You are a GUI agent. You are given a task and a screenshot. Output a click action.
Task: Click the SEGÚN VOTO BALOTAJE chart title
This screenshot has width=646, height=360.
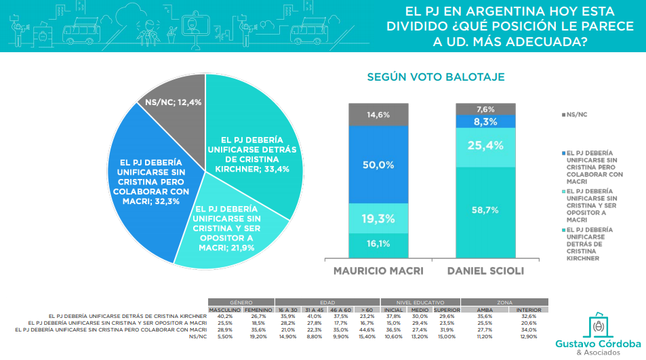pos(435,77)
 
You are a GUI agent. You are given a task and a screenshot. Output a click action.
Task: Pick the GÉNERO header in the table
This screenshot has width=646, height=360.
pos(242,302)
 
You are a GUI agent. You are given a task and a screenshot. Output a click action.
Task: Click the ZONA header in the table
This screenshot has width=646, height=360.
pos(504,302)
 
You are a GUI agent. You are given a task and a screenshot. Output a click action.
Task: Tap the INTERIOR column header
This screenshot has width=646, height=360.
pos(528,309)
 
